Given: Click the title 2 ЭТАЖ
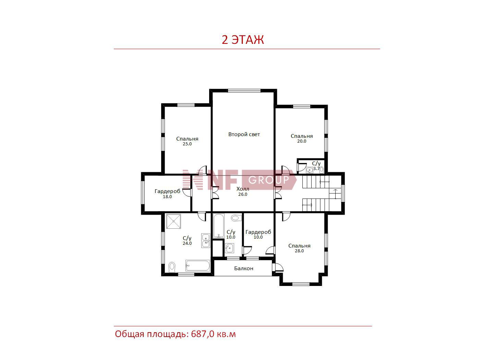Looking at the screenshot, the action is (x=243, y=40).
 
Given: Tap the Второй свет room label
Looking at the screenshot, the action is (x=244, y=134).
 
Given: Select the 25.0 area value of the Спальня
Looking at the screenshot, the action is (x=187, y=144).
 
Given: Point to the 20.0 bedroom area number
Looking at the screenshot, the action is (x=302, y=141).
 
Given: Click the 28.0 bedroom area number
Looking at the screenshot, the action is (x=299, y=251).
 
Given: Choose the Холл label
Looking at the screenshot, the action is (x=243, y=189).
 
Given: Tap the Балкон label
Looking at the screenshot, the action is (x=244, y=268).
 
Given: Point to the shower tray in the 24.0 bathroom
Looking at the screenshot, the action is (x=173, y=221).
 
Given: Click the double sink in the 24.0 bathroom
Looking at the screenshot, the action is (x=206, y=240).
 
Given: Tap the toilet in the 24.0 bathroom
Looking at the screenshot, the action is (x=172, y=267).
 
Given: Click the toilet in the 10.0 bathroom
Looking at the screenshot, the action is (x=236, y=218).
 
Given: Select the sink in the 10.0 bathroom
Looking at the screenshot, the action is (x=230, y=248).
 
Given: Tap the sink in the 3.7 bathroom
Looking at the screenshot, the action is (x=310, y=170).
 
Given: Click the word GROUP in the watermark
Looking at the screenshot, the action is (x=268, y=180).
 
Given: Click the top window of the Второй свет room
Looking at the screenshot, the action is (x=244, y=91).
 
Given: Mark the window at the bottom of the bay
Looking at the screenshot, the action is (x=301, y=284).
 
